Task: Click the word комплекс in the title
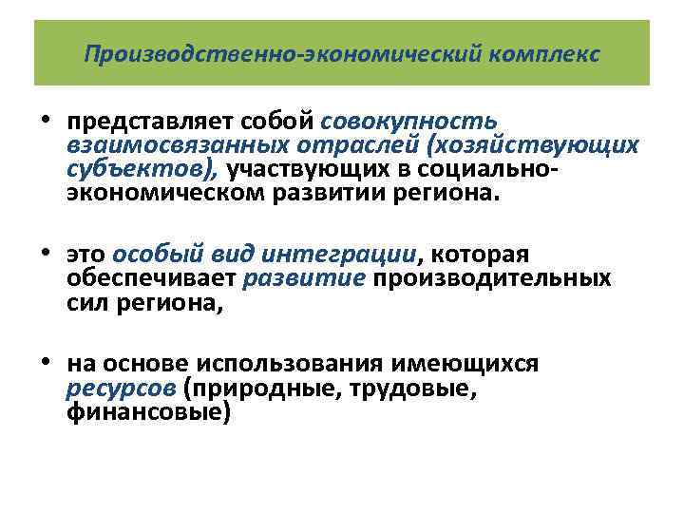pos(545,53)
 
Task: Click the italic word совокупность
pos(409,123)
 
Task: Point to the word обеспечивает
pos(152,279)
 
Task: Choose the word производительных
pos(491,279)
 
